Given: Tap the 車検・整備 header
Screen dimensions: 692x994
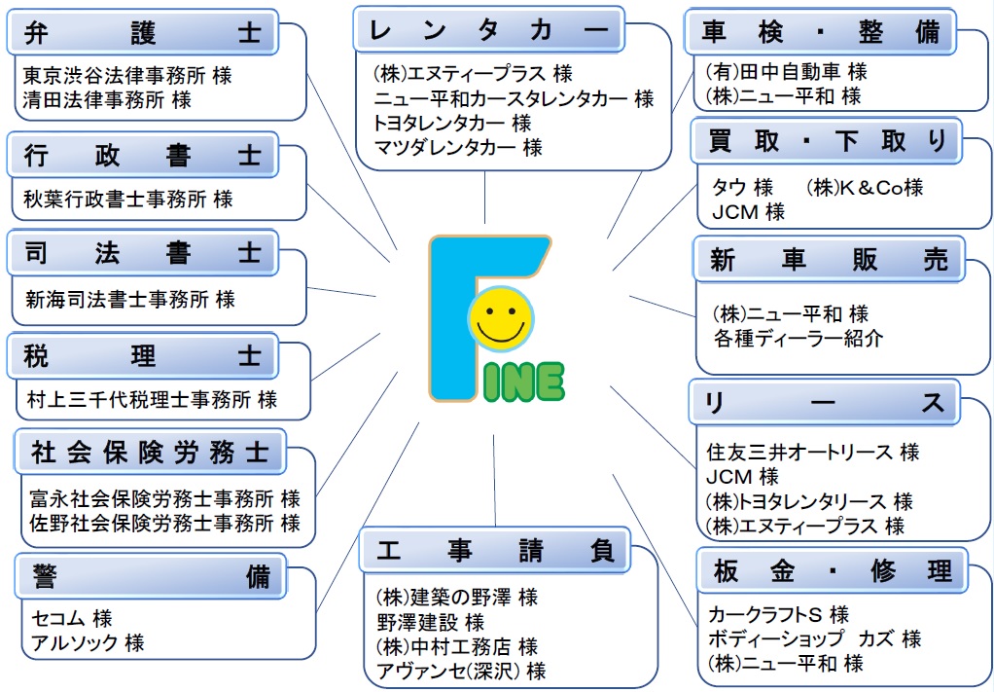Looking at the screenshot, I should pyautogui.click(x=821, y=32).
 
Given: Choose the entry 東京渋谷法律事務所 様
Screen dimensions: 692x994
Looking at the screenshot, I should pyautogui.click(x=127, y=75).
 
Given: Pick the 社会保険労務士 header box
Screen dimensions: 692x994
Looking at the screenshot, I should pyautogui.click(x=149, y=452).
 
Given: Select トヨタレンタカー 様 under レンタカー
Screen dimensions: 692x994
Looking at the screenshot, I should pyautogui.click(x=452, y=124).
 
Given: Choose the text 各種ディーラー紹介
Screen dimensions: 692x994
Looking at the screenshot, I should pyautogui.click(x=798, y=339).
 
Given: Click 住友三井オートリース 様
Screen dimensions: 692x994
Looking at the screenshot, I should pyautogui.click(x=812, y=453).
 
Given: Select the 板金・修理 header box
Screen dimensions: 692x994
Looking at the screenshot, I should pyautogui.click(x=832, y=570).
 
